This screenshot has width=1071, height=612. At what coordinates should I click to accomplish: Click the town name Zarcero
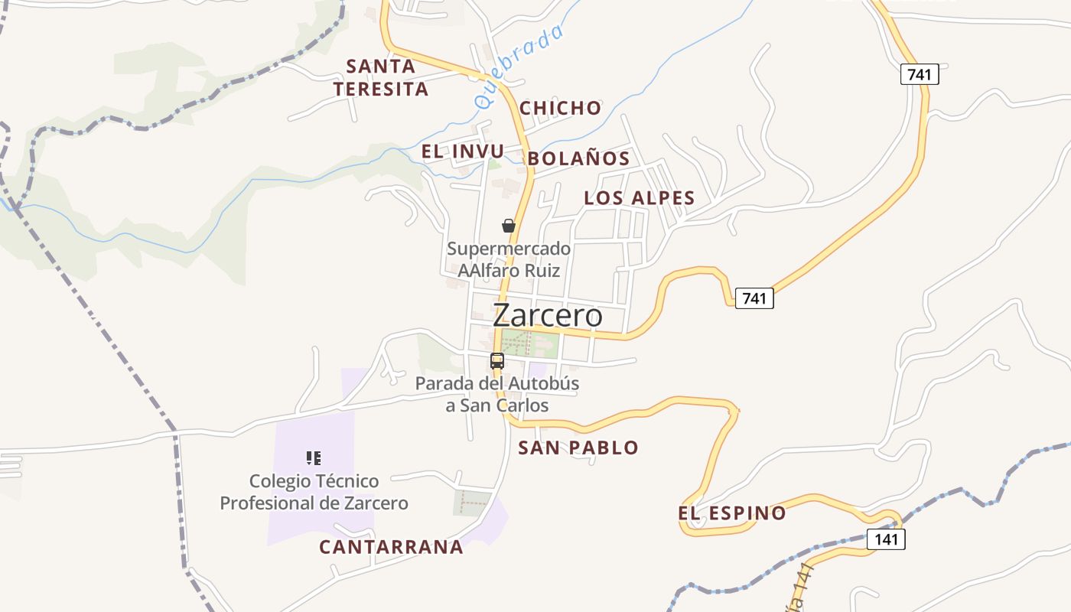click(548, 315)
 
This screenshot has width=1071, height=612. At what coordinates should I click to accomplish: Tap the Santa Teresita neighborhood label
click(381, 77)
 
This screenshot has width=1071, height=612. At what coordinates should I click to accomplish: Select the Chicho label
click(561, 108)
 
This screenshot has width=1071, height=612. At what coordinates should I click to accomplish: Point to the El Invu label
click(463, 151)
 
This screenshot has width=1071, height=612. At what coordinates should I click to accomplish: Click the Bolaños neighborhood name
click(579, 158)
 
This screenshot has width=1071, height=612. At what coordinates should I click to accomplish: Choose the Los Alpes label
click(640, 198)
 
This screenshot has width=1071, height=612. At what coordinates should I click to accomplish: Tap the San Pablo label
click(578, 448)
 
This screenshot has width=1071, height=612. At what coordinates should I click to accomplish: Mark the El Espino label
click(732, 513)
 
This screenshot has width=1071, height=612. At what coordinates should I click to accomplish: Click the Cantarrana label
click(391, 547)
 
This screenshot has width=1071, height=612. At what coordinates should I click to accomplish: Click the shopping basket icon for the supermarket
click(509, 226)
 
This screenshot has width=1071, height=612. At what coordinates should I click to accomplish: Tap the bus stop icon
click(497, 360)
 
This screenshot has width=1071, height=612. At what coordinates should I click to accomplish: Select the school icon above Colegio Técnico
click(314, 458)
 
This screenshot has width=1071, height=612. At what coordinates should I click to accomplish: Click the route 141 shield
click(887, 539)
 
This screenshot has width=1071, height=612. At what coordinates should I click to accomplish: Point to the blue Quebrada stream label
click(519, 66)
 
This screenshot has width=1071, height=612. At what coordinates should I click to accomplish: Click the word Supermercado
click(509, 249)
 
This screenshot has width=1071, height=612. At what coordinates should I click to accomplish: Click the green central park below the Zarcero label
click(528, 343)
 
